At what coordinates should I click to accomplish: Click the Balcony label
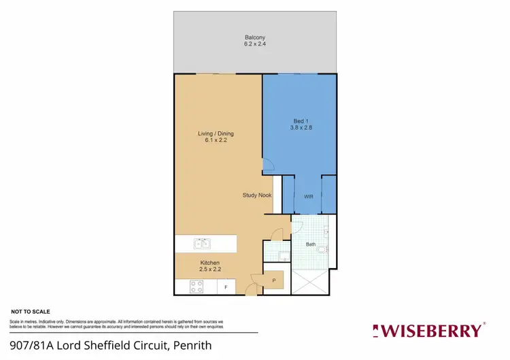click(255, 37)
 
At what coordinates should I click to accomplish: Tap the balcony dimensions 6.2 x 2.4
click(255, 44)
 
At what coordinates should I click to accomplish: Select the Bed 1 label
click(300, 120)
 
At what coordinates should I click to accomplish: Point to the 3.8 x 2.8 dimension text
click(300, 127)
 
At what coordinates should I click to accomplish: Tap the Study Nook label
click(257, 195)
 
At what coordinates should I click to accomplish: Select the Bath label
click(311, 244)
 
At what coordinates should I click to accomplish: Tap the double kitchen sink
click(202, 243)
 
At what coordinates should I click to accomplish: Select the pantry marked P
click(273, 280)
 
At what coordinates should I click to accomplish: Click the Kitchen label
click(209, 263)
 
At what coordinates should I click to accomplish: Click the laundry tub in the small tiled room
click(282, 255)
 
